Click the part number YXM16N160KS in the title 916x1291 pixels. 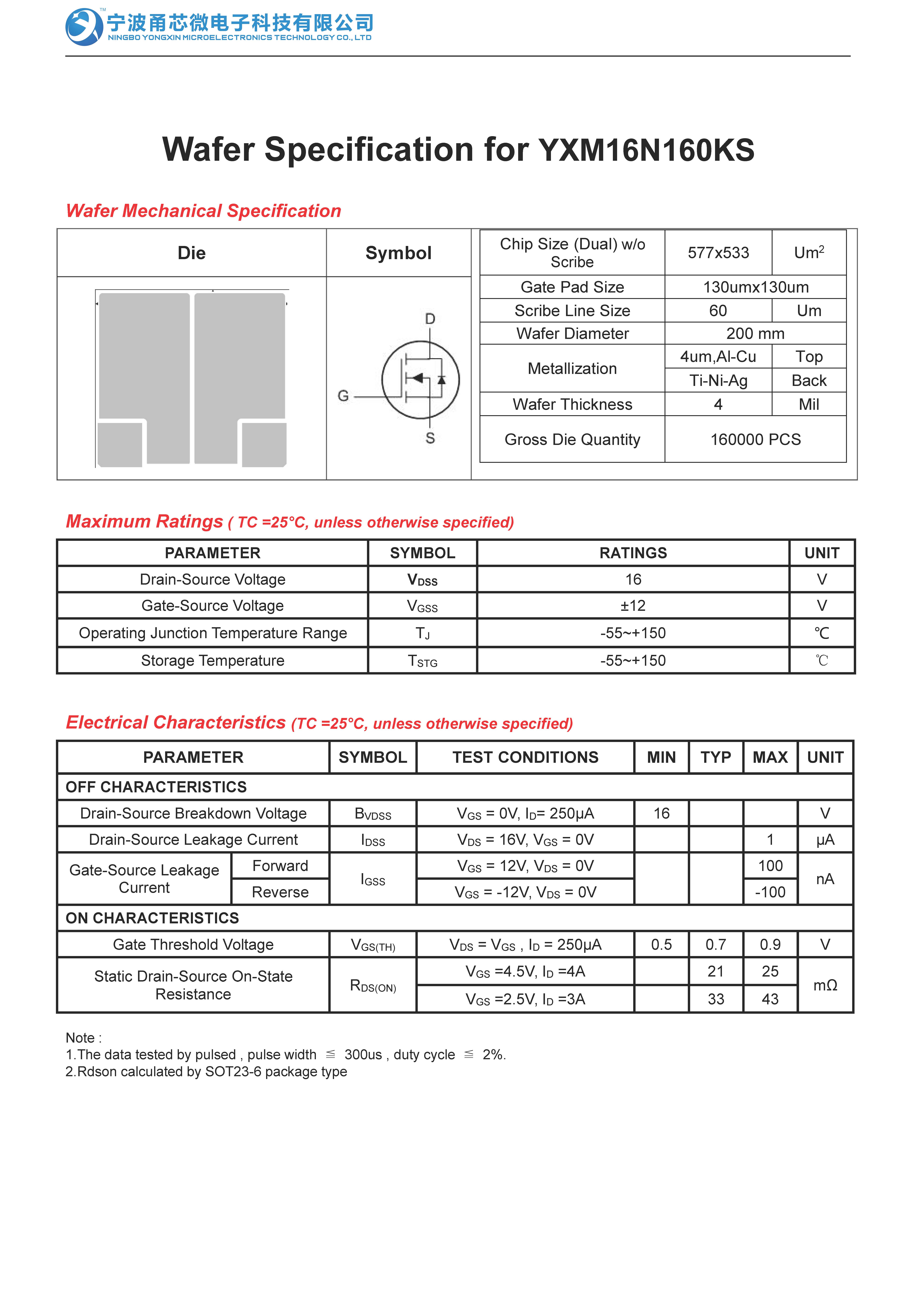click(646, 150)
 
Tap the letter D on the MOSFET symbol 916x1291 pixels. click(430, 319)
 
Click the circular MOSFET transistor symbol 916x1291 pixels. click(421, 380)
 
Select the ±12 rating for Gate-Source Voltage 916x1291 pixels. click(633, 606)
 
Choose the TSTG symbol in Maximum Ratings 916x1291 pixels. click(422, 661)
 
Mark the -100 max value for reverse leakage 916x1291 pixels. click(770, 892)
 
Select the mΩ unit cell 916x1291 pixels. click(825, 985)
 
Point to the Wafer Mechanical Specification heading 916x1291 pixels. click(204, 211)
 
